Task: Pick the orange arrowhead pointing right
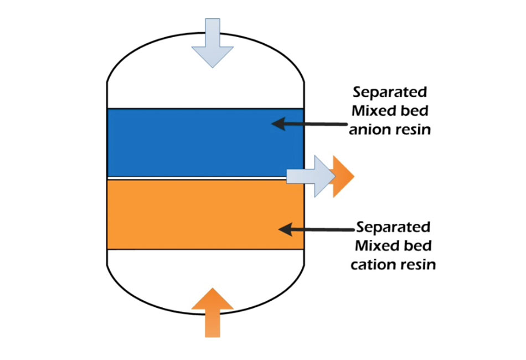pos(342,176)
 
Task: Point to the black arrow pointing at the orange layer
pos(316,228)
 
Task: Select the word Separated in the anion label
pos(389,91)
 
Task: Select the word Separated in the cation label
pos(393,227)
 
